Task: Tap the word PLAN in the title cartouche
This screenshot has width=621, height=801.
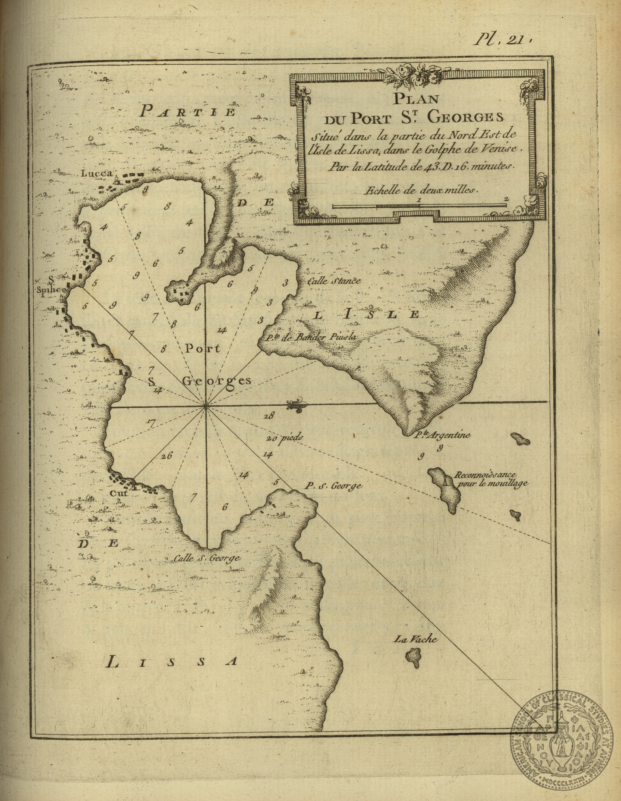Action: (415, 99)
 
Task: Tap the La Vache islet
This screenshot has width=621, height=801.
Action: (413, 657)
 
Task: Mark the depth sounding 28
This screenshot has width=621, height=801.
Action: (269, 416)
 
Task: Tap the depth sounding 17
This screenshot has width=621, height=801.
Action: (151, 423)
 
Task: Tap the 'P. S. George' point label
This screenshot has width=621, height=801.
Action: (332, 486)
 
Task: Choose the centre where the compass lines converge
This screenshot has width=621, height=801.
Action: (206, 405)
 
